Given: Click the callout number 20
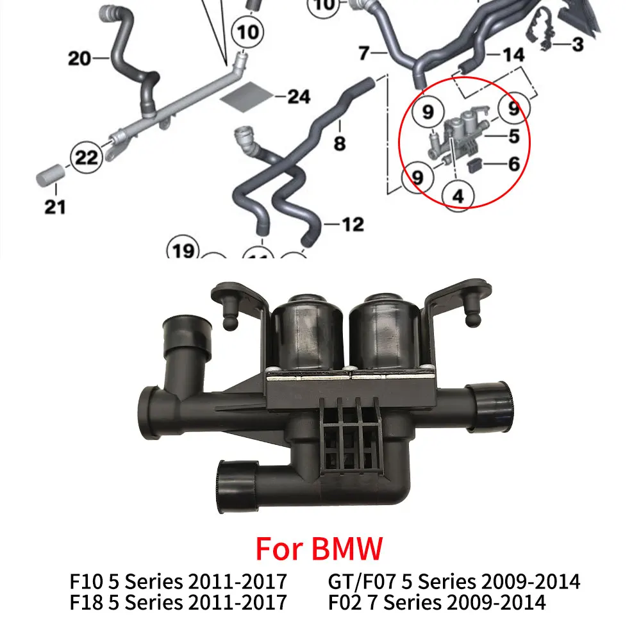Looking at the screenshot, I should [x=80, y=59].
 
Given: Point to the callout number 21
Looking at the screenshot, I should [x=55, y=207].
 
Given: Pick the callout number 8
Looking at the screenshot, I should [x=339, y=143].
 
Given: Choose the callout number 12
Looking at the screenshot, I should [x=353, y=224].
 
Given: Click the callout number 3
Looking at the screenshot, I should [x=578, y=44].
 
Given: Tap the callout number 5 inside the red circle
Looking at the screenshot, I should [x=514, y=136].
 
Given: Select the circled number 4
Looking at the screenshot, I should [x=458, y=197].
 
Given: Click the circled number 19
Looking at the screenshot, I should [x=183, y=249].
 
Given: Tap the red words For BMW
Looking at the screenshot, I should [x=319, y=548].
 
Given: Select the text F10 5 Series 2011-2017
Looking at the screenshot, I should [x=178, y=581].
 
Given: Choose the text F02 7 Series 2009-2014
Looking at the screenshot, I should [x=437, y=602].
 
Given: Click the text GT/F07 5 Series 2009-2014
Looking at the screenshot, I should [x=454, y=581].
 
